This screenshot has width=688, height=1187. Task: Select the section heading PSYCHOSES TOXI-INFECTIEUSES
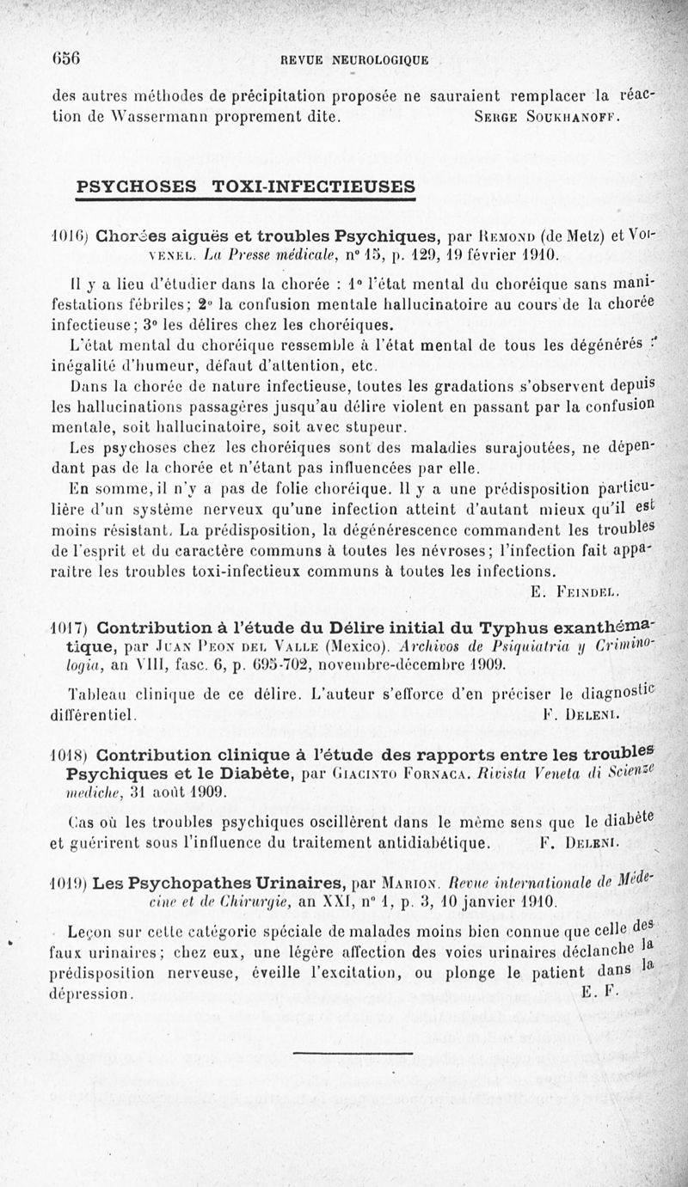pyautogui.click(x=246, y=187)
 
